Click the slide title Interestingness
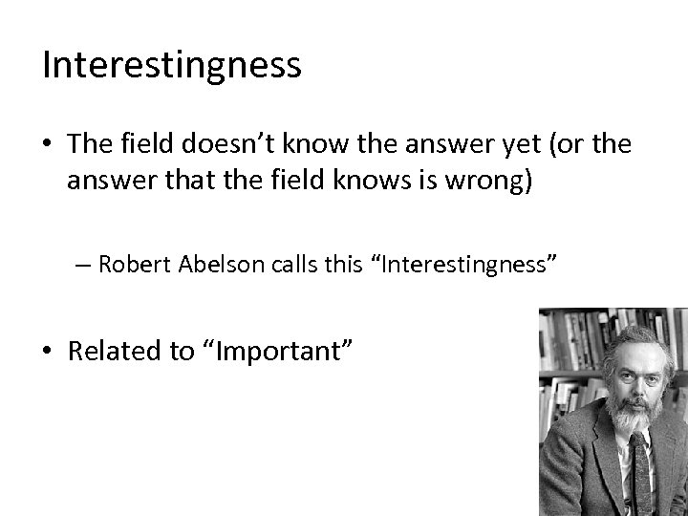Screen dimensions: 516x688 (172, 65)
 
